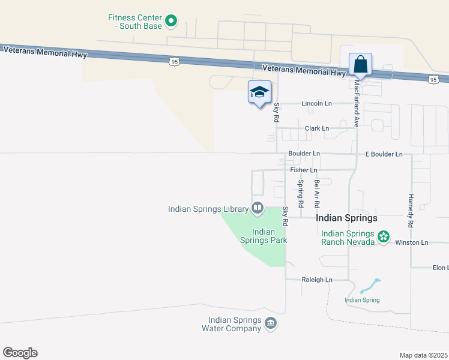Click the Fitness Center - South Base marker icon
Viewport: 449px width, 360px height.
point(171,22)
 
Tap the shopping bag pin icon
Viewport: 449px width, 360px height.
point(360,64)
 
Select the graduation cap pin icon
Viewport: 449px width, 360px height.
point(259,92)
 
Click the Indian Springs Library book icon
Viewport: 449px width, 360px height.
point(258,208)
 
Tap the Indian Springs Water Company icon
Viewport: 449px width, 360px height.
point(271,324)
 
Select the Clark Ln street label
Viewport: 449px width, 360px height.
point(317,128)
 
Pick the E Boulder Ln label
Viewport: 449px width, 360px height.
point(384,154)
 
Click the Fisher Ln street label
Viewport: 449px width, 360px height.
point(303,170)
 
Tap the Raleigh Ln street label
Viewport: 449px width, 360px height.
point(316,280)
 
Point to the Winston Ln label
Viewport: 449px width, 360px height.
point(411,242)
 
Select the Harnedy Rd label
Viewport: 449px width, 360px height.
point(411,210)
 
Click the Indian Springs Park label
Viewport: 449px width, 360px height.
point(264,236)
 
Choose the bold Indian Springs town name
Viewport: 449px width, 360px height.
point(347,218)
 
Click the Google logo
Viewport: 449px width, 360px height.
point(20,353)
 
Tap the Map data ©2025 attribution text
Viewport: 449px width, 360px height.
point(423,355)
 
